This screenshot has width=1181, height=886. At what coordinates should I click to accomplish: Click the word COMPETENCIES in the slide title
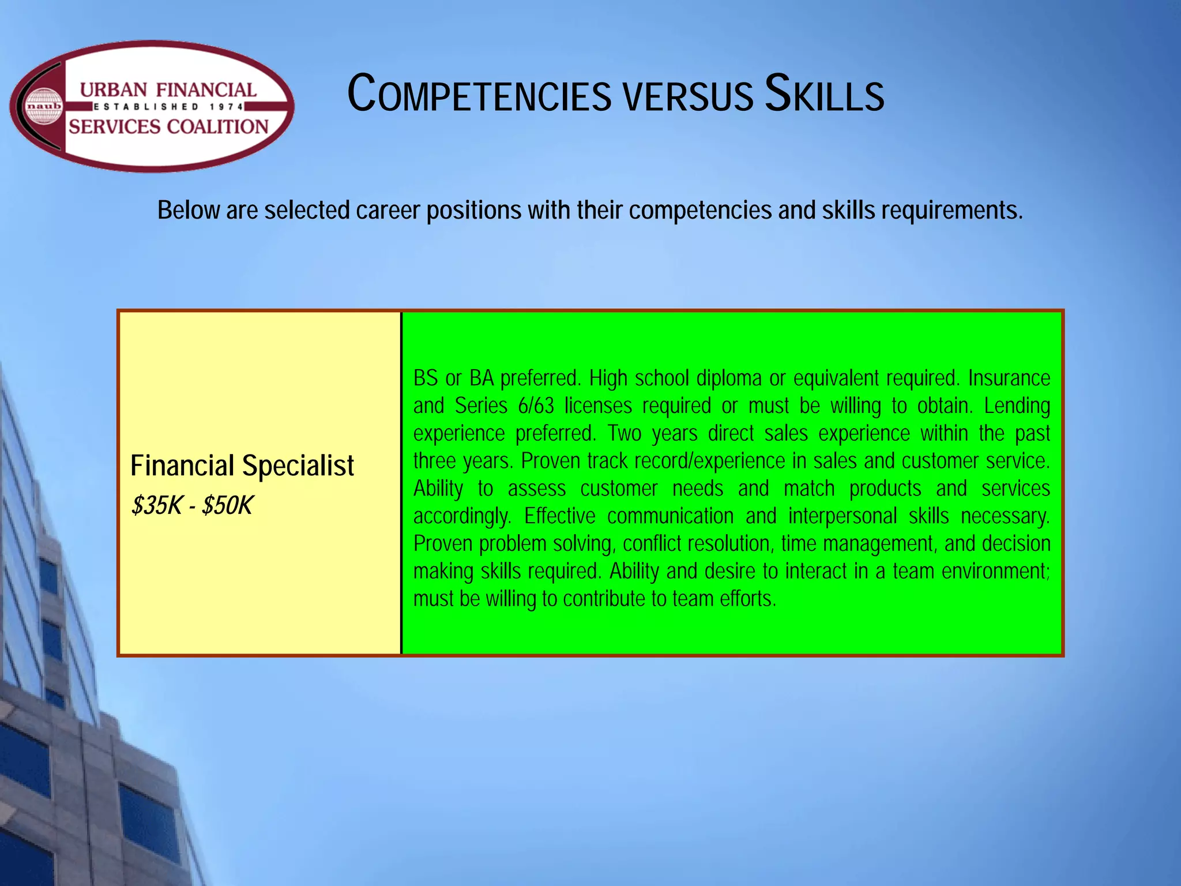coord(479,94)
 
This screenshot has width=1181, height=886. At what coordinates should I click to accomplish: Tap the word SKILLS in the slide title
coord(824,94)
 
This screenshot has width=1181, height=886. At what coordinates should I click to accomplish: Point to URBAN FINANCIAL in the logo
coord(168,90)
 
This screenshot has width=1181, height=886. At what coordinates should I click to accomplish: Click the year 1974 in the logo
coord(226,107)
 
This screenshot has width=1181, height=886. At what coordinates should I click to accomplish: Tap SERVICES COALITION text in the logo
coord(168,126)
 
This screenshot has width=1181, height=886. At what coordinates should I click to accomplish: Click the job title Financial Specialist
coord(242,465)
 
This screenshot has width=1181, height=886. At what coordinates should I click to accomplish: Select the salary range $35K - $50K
coord(192,506)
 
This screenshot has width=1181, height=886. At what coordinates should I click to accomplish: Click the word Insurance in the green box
coord(1009,378)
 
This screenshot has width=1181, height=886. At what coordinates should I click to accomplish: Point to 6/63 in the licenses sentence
coord(536,406)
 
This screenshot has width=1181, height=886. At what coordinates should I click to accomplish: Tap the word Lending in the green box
coord(1017,406)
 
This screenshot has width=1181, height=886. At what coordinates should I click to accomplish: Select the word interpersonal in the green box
coord(842,516)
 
